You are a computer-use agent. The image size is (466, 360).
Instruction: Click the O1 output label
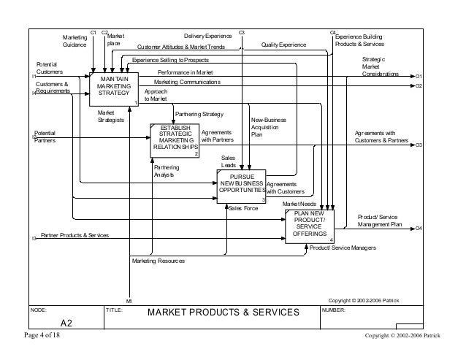pos(419,76)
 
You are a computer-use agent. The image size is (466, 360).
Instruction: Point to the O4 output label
pos(419,229)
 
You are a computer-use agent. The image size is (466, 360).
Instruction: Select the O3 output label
pos(419,145)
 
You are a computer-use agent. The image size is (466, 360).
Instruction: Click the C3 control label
pos(242,33)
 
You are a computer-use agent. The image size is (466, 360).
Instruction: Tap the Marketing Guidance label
pos(74,41)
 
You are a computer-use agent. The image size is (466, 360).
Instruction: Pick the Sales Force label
pos(243,208)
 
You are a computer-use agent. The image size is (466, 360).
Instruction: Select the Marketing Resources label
pos(158,261)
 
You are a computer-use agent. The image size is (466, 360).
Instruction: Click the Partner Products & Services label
pos(75,236)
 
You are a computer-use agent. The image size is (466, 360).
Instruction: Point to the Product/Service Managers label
pos(342,248)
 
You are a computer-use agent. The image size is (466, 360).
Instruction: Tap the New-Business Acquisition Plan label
pos(267,126)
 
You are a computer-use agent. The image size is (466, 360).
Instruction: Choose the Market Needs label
pos(299,204)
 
